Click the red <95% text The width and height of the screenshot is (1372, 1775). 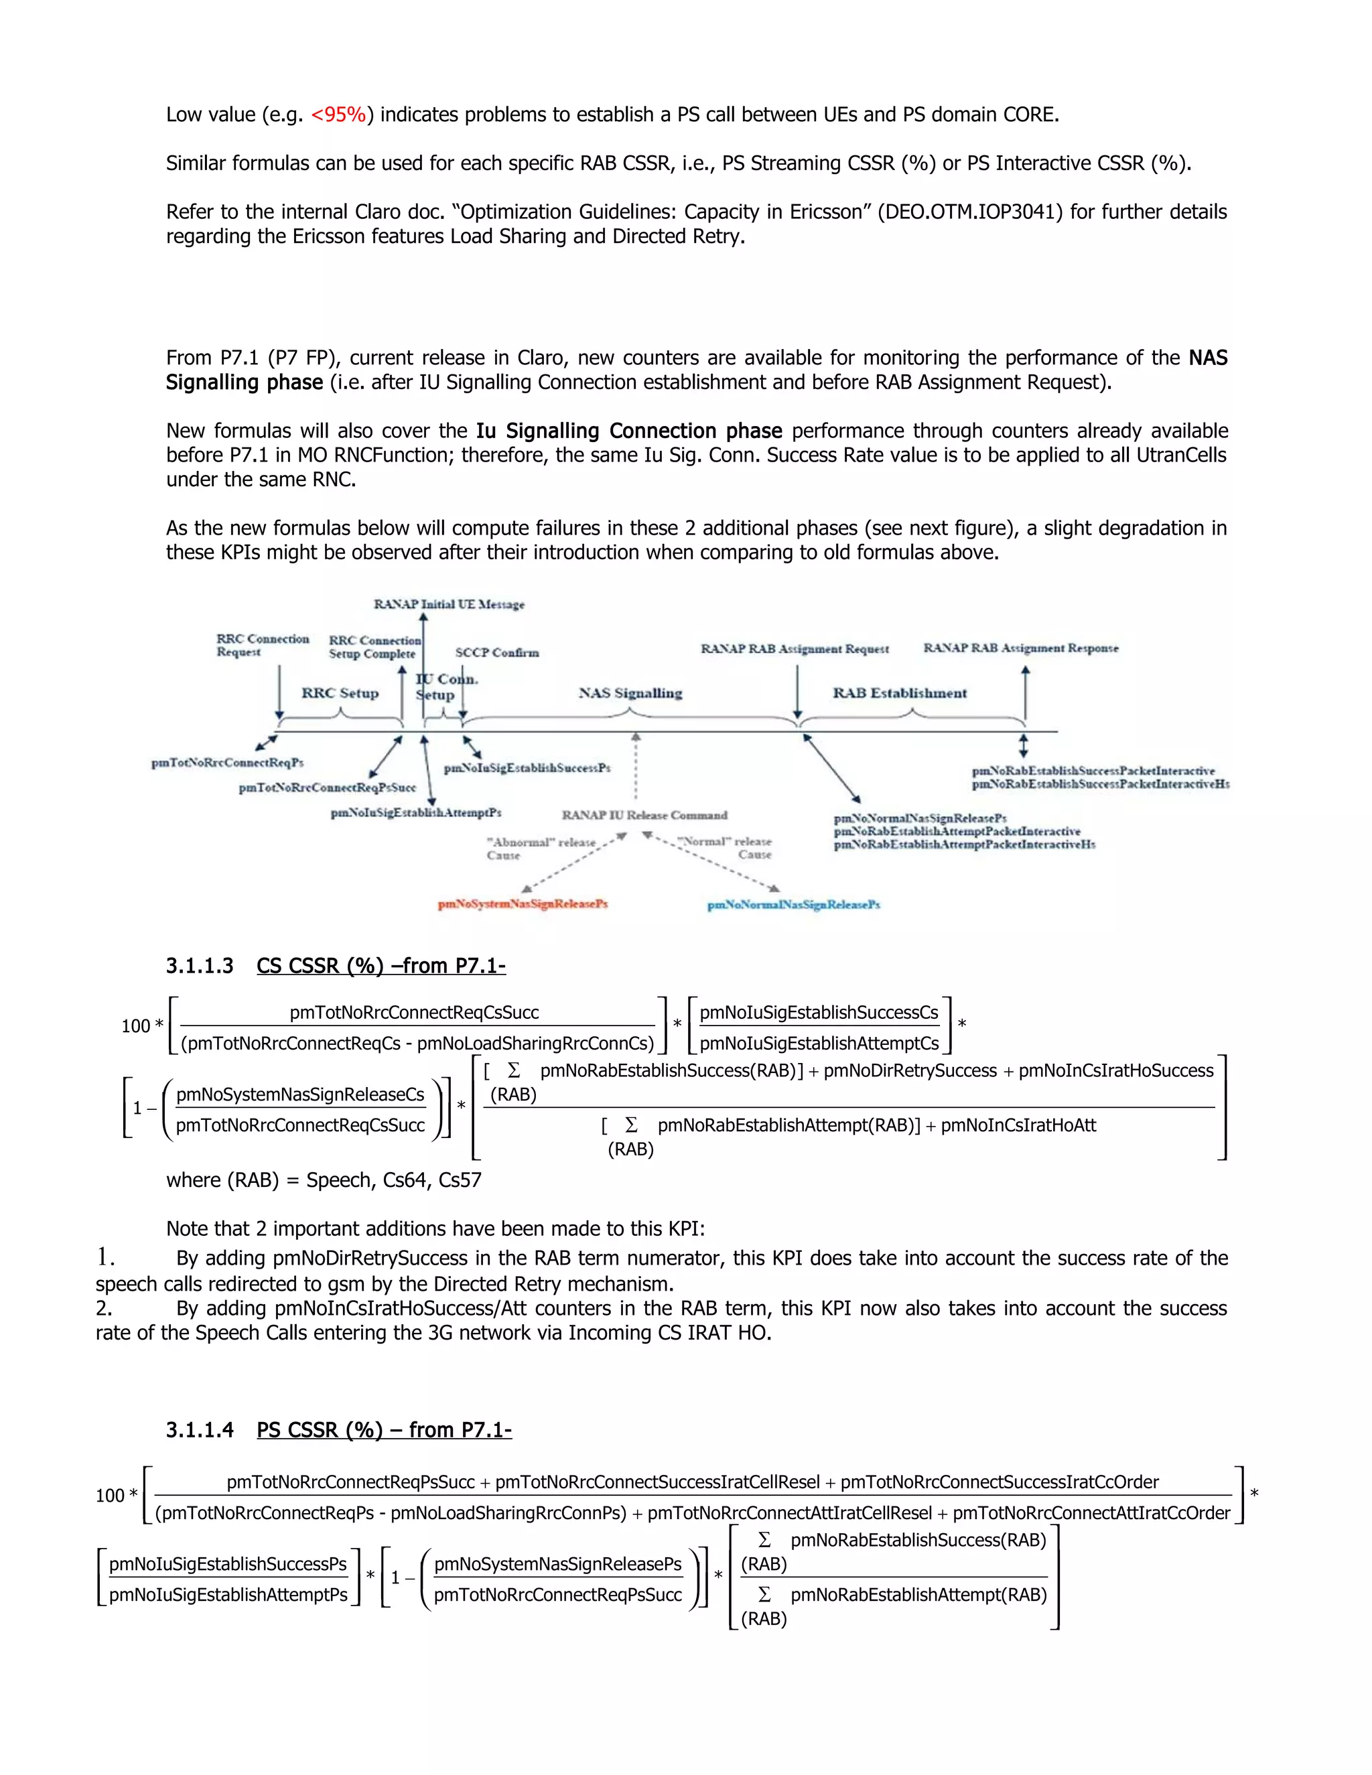[338, 115]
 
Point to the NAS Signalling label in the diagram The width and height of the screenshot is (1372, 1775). [630, 693]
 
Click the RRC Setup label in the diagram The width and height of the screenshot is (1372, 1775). [340, 693]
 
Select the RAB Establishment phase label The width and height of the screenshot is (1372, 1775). [899, 693]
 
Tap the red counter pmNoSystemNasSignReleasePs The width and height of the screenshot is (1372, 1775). [523, 904]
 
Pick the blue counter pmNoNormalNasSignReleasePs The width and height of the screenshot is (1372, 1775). [793, 904]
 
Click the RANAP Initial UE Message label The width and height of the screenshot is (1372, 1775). [449, 605]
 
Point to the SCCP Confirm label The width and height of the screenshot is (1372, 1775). [496, 652]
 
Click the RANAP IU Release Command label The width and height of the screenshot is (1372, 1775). [644, 815]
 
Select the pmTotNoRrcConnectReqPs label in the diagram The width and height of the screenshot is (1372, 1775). [228, 762]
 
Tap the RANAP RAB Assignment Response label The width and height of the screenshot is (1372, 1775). [1020, 648]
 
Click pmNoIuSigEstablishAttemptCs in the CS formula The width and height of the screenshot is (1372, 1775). [819, 1044]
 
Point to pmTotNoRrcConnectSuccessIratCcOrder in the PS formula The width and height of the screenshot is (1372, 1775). [999, 1482]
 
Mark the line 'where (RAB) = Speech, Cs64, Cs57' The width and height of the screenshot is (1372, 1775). [324, 1180]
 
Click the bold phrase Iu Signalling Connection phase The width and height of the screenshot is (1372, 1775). [628, 431]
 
